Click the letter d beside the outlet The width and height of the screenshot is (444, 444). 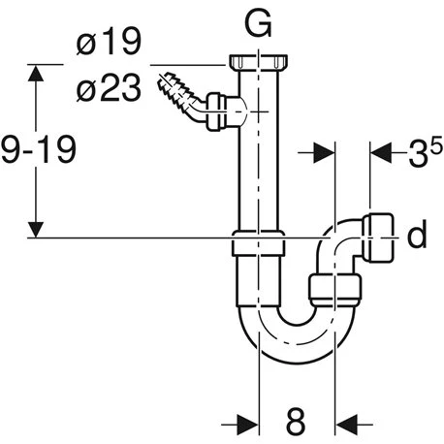click(x=417, y=236)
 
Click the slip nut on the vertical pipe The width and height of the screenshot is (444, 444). click(x=259, y=247)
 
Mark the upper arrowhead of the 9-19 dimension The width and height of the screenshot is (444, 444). click(x=36, y=71)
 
